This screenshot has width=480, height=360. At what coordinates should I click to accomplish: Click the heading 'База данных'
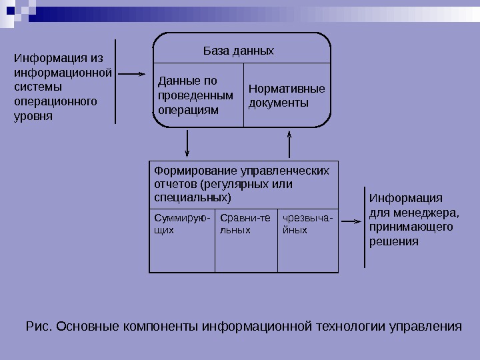pos(238,51)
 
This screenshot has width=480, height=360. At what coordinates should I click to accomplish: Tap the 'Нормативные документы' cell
pos(286,95)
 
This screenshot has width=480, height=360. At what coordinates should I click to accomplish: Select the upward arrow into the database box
pos(289,143)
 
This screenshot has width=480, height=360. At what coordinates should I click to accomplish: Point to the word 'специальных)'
pos(193,198)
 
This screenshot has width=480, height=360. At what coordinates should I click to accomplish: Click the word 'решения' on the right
pos(394,241)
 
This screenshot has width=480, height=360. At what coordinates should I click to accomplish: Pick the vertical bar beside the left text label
pos(115,82)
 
